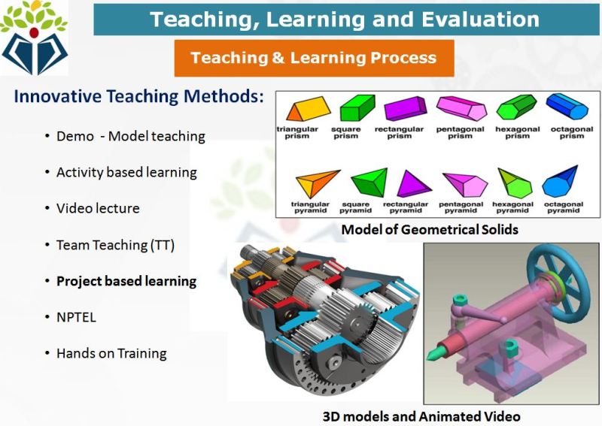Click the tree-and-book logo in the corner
point(34,38)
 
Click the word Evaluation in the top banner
point(480,20)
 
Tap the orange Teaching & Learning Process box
point(314,58)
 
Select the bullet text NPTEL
point(76,317)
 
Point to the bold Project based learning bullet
point(126,281)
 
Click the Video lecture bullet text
point(98,208)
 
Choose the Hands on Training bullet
point(111,353)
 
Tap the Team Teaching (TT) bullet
point(115,245)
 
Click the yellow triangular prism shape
point(309,109)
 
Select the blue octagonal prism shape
point(567,106)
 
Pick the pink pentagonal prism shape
point(462,108)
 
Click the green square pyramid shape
point(369,183)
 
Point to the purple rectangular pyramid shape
point(412,184)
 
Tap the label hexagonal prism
point(518,132)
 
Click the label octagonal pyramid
point(563,207)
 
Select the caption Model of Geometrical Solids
point(430,230)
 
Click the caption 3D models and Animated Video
point(421,416)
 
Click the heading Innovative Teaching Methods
point(139,96)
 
